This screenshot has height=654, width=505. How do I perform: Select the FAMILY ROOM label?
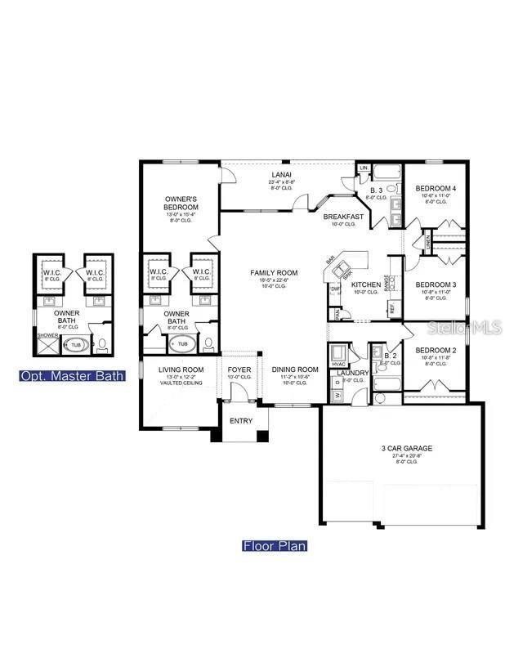point(275,273)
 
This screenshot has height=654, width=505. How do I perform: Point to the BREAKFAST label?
point(342,217)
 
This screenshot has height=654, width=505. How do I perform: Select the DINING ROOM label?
point(295,370)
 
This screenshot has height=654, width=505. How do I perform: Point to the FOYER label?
point(240,370)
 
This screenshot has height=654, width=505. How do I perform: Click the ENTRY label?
point(240,421)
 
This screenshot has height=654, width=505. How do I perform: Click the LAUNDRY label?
point(353,374)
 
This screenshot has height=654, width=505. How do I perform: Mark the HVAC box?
point(337,363)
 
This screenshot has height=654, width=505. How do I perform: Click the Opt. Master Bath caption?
point(73,376)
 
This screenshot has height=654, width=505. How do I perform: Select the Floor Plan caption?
point(275,545)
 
